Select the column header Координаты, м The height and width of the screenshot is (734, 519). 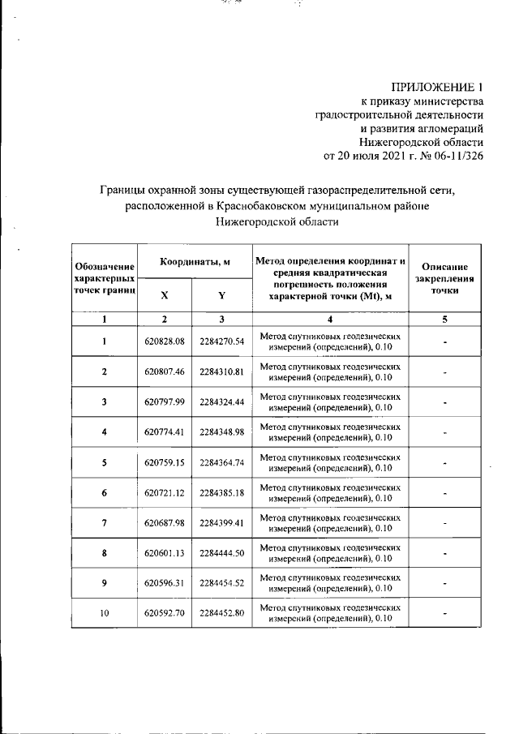(x=195, y=260)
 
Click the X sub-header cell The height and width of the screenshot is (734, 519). (x=165, y=295)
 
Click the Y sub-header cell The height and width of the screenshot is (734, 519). (x=221, y=295)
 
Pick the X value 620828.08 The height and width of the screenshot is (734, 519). (x=165, y=341)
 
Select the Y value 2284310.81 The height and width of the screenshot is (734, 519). (x=221, y=371)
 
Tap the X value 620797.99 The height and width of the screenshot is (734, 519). (x=165, y=401)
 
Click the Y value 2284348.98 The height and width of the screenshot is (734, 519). (x=221, y=431)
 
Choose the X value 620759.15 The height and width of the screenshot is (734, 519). (x=165, y=462)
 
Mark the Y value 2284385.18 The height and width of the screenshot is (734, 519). (x=221, y=492)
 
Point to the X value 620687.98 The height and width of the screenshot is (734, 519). (x=165, y=523)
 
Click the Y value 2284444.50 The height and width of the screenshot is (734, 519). (x=221, y=553)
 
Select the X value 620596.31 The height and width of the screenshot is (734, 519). (x=165, y=582)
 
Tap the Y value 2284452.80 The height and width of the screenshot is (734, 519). (x=221, y=613)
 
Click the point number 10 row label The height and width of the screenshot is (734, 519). (x=104, y=613)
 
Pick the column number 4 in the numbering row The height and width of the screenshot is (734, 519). (x=329, y=319)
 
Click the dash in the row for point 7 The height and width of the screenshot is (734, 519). (x=445, y=524)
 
